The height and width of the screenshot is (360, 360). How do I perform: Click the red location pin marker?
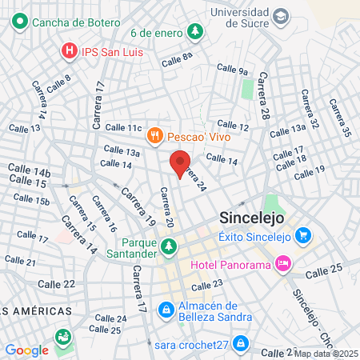tap(180, 163)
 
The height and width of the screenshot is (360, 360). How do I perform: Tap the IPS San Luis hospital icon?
tap(70, 51)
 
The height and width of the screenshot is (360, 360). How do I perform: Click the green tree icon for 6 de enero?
tap(194, 32)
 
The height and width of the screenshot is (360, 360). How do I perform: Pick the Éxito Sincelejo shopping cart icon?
tap(302, 235)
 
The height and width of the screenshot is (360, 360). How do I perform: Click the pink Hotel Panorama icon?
tap(282, 262)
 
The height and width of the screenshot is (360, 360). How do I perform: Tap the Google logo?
tap(26, 350)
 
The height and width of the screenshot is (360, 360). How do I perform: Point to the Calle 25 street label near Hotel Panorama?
tap(323, 271)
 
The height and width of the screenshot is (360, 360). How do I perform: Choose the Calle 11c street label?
tap(122, 127)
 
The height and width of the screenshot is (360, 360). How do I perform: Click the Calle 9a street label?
tap(232, 71)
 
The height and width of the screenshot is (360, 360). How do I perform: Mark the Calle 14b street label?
tap(29, 170)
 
